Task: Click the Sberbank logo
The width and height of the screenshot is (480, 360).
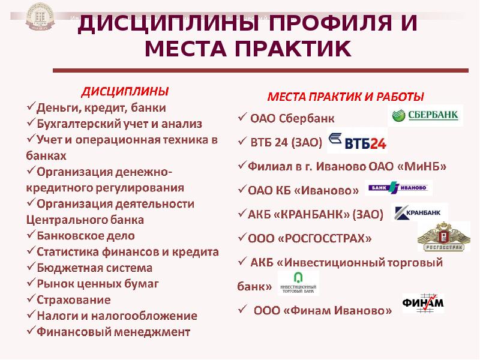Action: pyautogui.click(x=426, y=115)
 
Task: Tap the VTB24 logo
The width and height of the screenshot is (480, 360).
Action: pyautogui.click(x=358, y=141)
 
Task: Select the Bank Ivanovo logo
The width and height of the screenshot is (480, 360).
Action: pyautogui.click(x=398, y=188)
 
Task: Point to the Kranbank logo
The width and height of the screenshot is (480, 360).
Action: pyautogui.click(x=419, y=213)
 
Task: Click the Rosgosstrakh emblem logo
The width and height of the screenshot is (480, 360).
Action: pyautogui.click(x=440, y=236)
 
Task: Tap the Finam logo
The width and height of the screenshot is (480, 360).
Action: pyautogui.click(x=423, y=303)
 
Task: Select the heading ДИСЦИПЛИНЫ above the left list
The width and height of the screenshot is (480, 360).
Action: pyautogui.click(x=125, y=92)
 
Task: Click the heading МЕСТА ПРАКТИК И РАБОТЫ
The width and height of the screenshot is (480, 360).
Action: pyautogui.click(x=346, y=96)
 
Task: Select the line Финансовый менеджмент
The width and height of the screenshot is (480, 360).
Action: pyautogui.click(x=113, y=331)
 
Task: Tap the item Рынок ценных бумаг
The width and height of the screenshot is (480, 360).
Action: pyautogui.click(x=98, y=283)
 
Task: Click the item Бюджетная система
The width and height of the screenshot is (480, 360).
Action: pyautogui.click(x=95, y=268)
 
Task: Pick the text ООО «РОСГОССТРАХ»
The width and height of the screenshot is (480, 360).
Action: pyautogui.click(x=310, y=238)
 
